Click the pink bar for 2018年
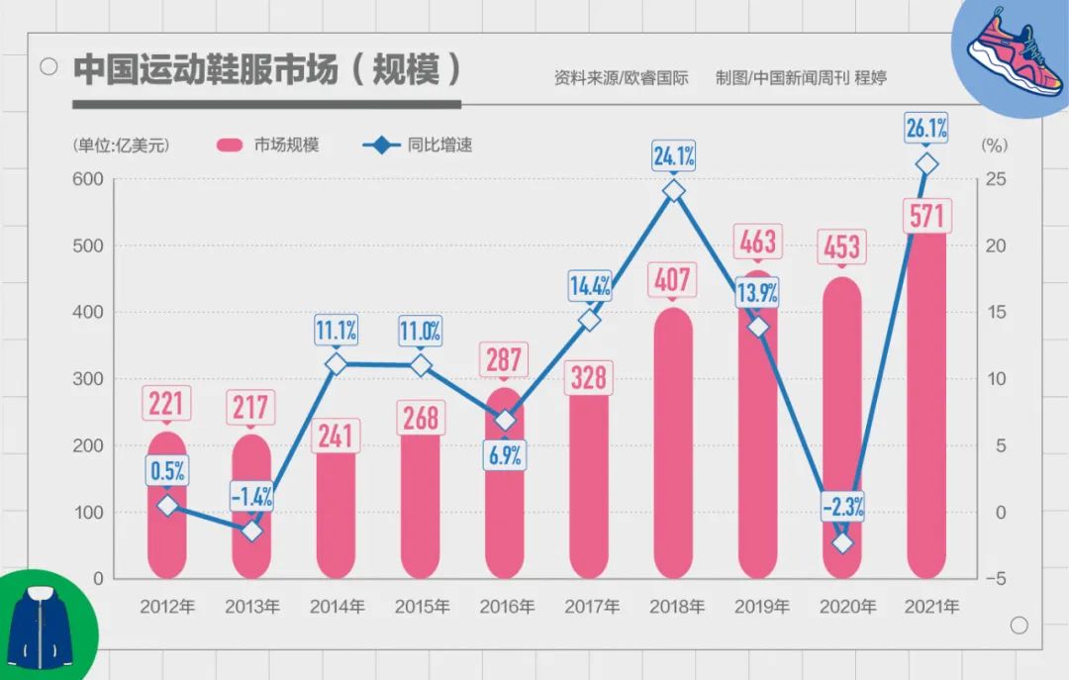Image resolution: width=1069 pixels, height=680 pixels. pyautogui.click(x=673, y=445)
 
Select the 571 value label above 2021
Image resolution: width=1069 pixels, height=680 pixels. pyautogui.click(x=926, y=215)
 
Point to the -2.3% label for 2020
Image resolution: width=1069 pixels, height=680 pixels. pyautogui.click(x=842, y=508)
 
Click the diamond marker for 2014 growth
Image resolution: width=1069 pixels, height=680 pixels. pyautogui.click(x=336, y=364)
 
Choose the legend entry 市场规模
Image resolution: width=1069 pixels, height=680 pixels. pyautogui.click(x=267, y=146)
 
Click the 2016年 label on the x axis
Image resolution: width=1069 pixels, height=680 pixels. pyautogui.click(x=505, y=607)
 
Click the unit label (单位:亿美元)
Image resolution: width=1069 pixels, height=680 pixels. pyautogui.click(x=122, y=146)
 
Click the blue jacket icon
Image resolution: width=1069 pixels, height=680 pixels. pyautogui.click(x=42, y=626)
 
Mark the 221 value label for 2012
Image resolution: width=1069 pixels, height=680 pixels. pyautogui.click(x=167, y=402)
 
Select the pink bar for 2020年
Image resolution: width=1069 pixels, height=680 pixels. pyautogui.click(x=842, y=426)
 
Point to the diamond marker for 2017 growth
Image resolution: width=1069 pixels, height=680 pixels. pyautogui.click(x=589, y=320)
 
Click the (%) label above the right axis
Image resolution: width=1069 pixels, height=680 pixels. pyautogui.click(x=993, y=146)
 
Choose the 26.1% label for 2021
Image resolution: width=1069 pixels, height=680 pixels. pyautogui.click(x=926, y=127)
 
